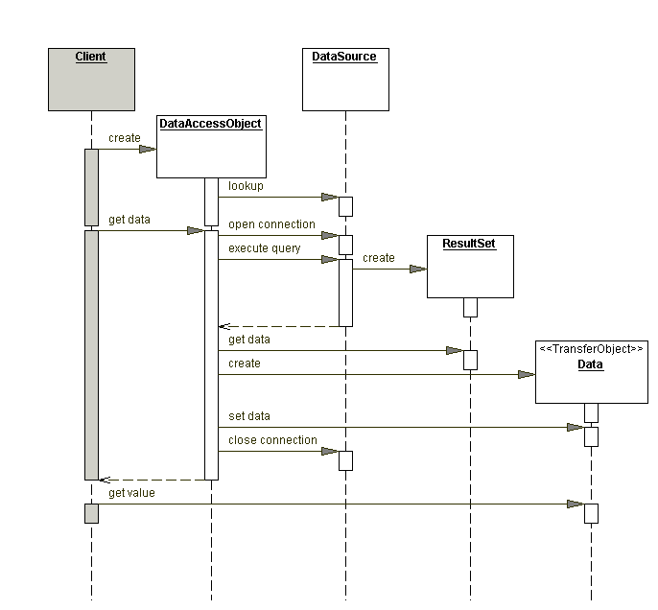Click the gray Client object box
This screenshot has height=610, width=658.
[x=91, y=79]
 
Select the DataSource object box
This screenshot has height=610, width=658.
[x=344, y=79]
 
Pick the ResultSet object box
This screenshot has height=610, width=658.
[x=470, y=266]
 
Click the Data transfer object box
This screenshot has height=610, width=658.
[x=591, y=371]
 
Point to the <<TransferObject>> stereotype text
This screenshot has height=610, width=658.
[x=591, y=349]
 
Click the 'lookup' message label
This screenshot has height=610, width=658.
[x=246, y=186]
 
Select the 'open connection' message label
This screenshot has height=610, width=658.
[x=271, y=224]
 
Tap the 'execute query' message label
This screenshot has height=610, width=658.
[x=264, y=248]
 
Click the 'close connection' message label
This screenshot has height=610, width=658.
[x=272, y=440]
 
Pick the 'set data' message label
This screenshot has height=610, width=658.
[x=248, y=416]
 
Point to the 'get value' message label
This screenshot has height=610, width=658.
[x=131, y=493]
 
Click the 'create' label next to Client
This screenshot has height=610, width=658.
[x=124, y=138]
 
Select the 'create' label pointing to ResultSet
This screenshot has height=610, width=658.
[x=378, y=258]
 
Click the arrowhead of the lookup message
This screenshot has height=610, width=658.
[x=329, y=198]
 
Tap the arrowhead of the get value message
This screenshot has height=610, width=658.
[x=575, y=504]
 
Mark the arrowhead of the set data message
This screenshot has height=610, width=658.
[x=575, y=428]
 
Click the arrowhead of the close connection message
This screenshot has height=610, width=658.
[x=329, y=451]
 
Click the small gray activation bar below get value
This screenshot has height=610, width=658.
[x=91, y=513]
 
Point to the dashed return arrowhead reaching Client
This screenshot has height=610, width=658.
[x=106, y=480]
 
